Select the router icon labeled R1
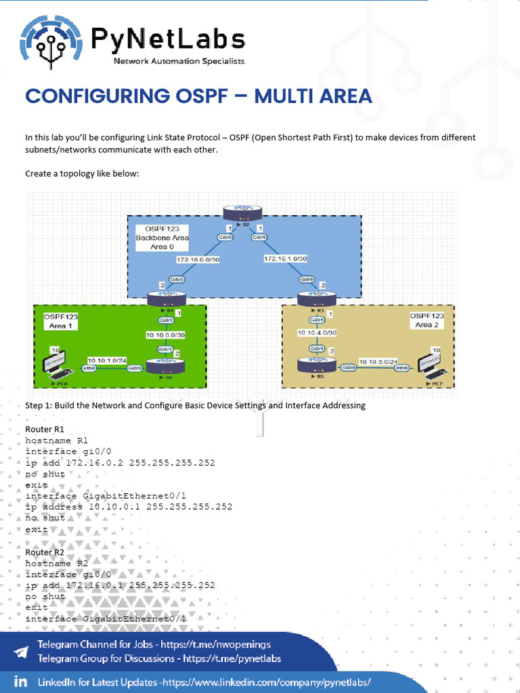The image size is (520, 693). point(167,299)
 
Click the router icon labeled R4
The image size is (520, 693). point(166,367)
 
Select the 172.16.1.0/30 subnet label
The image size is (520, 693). point(286,259)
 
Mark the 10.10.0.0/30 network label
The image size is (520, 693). point(166,335)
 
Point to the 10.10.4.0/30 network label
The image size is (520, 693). point(317,333)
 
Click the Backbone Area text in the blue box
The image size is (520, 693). point(162,238)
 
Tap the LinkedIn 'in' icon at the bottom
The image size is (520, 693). point(20,681)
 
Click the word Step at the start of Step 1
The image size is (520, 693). point(35,405)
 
